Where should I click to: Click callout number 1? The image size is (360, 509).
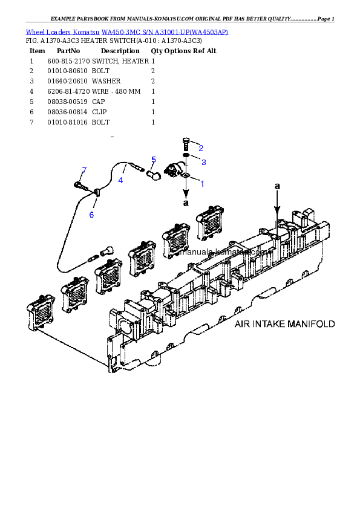point(201,183)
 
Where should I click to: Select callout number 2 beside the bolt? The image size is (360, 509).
point(200,148)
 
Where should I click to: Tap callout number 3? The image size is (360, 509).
point(203,162)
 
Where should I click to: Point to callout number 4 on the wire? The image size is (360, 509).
point(120,180)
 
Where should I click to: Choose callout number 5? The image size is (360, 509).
point(154,160)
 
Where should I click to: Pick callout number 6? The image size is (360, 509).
point(91,215)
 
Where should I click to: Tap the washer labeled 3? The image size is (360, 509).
point(186,157)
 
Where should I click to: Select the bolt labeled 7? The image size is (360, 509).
point(79,184)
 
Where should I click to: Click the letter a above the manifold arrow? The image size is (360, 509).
point(277,186)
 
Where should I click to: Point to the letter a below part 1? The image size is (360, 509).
point(186,204)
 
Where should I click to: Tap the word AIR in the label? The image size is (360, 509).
point(242,324)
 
